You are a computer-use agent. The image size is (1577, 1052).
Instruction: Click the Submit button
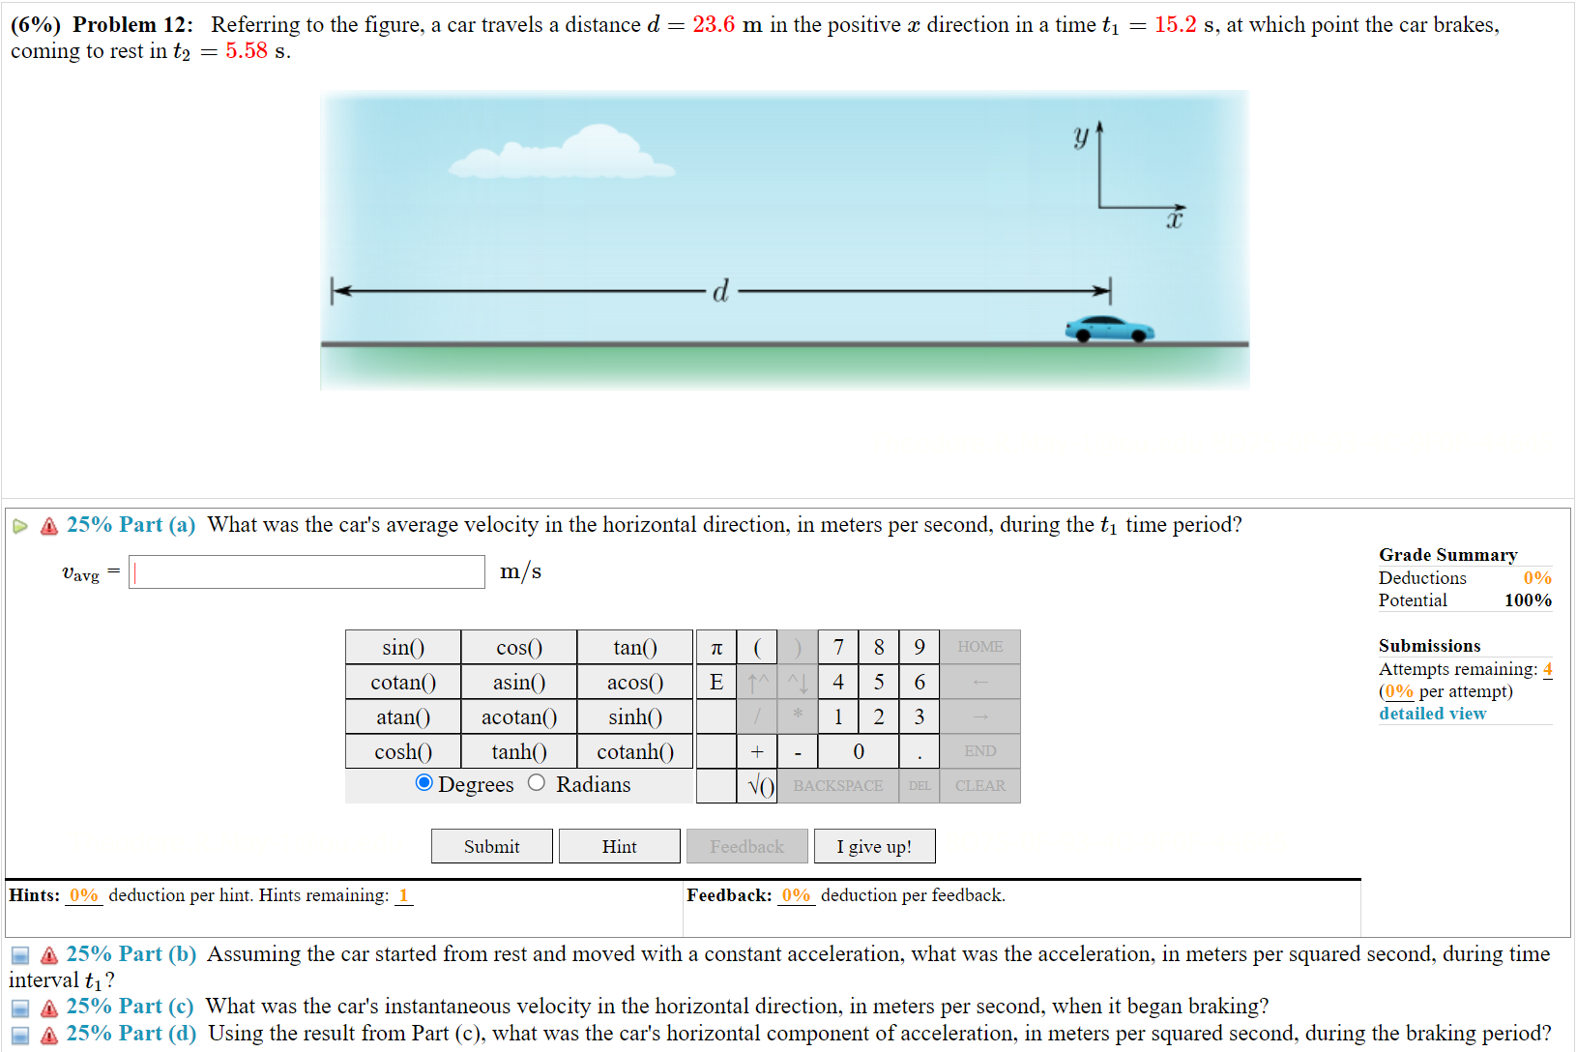tap(491, 846)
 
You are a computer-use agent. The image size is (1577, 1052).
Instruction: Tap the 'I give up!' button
tap(874, 846)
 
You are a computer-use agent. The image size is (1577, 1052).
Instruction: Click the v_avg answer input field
tap(307, 572)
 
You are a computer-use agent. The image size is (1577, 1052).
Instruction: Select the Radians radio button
tap(537, 783)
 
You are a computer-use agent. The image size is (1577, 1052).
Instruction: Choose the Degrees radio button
tap(423, 783)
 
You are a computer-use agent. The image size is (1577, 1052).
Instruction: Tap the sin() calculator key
tap(403, 647)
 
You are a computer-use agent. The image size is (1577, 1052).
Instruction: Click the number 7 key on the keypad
tap(838, 647)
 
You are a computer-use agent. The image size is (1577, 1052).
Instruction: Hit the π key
tap(716, 647)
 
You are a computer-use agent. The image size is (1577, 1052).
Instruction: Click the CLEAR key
tap(979, 785)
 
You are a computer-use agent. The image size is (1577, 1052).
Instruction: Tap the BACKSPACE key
tap(837, 785)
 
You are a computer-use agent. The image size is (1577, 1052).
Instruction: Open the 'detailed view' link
tap(1432, 714)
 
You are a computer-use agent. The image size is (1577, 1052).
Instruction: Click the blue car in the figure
tap(1110, 329)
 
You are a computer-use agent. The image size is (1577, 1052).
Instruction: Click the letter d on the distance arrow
tap(720, 291)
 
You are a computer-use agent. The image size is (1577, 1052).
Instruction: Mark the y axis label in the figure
tap(1081, 136)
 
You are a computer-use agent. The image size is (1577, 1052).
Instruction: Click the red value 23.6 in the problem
tap(714, 25)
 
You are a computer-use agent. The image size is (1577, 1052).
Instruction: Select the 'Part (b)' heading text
tap(131, 954)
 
